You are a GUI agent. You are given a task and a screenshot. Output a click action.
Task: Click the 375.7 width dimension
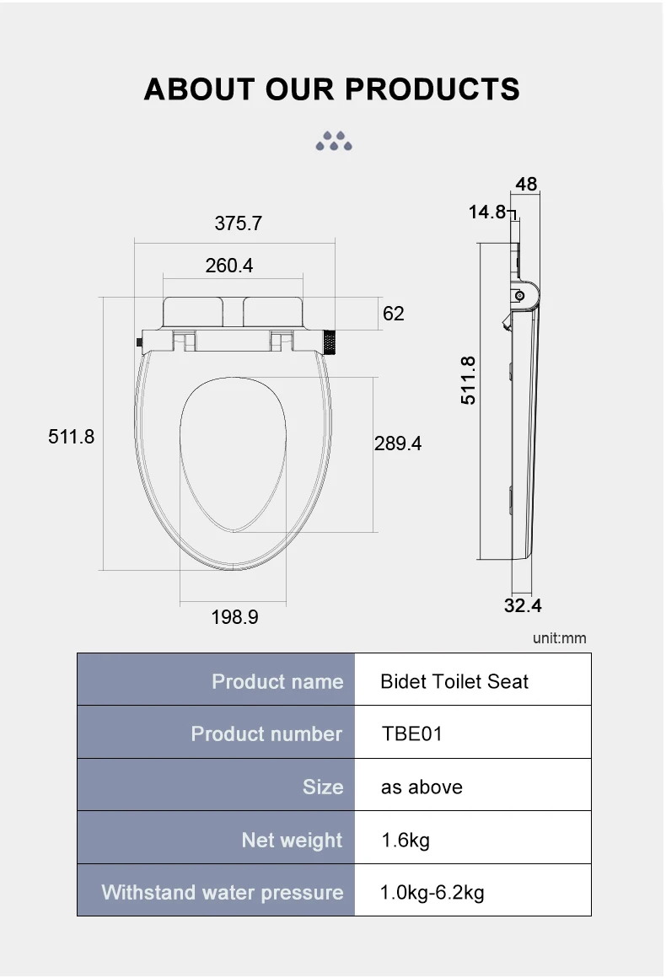coord(239,223)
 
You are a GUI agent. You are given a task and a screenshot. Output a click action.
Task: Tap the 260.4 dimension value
coord(228,266)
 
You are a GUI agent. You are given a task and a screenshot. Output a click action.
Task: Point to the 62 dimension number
coord(394,313)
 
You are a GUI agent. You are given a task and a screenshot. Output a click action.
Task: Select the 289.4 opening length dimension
coord(398,443)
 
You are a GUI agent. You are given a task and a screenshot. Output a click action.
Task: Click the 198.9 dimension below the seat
coord(234,617)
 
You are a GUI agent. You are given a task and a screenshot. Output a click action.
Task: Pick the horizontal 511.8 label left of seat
coord(71,437)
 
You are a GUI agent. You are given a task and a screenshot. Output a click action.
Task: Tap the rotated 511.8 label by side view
coord(469,380)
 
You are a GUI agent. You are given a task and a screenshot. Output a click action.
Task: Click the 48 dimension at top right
coord(526,184)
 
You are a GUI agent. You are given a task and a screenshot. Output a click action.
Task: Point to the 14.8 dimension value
coord(487,212)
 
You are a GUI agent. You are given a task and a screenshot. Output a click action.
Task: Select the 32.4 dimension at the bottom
coord(523,605)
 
